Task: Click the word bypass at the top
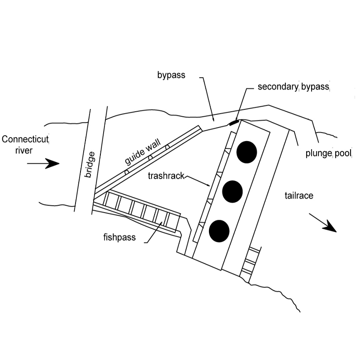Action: pos(171,75)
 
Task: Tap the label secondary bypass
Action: pos(293,87)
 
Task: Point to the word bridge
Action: pos(90,164)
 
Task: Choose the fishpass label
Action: pos(120,237)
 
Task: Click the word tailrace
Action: pos(299,196)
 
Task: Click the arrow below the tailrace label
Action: pos(324,223)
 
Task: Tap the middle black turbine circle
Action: pos(233,191)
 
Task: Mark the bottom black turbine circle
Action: pos(219,230)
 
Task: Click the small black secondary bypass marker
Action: pos(233,122)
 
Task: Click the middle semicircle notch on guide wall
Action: pos(150,158)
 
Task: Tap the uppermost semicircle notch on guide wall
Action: pos(167,147)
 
